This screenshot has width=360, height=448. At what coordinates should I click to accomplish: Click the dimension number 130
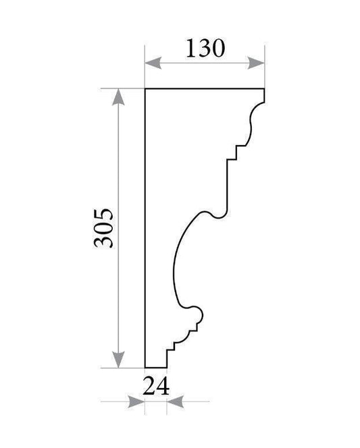(205, 49)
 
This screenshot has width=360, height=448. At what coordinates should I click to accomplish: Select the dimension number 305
(103, 228)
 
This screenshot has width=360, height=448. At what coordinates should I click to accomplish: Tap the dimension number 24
(156, 386)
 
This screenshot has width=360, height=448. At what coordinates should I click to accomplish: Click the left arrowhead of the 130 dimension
(153, 63)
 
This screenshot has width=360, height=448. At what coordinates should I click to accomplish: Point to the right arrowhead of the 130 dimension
(256, 63)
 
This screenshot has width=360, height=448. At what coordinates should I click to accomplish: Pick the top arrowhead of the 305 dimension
(118, 97)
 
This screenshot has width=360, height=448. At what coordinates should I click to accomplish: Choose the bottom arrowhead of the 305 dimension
(118, 360)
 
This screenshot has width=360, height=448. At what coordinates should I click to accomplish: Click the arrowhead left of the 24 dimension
(136, 401)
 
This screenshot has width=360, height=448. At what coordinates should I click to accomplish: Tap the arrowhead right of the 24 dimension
(175, 401)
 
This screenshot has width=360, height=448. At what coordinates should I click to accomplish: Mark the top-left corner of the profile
(145, 89)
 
